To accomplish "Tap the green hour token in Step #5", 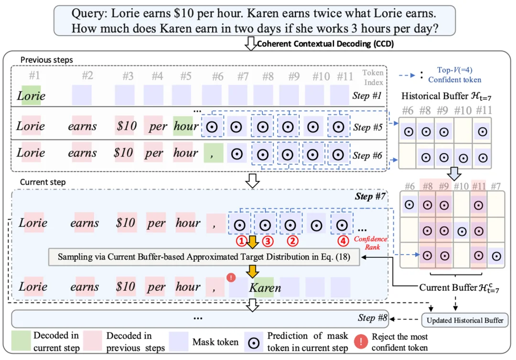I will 185,127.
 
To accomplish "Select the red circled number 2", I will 290,240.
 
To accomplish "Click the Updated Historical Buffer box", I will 464,319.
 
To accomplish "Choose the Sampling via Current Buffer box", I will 204,257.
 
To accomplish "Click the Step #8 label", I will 372,318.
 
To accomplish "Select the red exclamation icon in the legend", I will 361,341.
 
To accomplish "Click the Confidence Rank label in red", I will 371,243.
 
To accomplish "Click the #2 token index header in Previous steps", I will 86,76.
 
